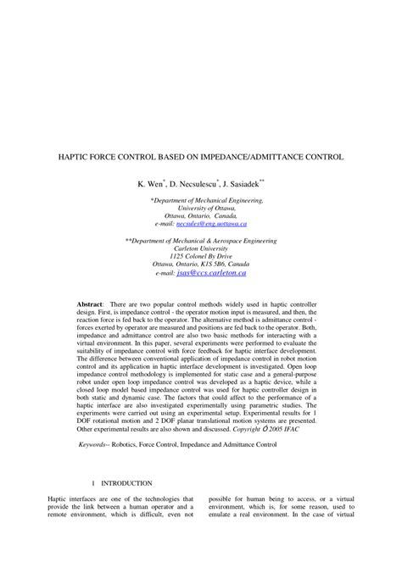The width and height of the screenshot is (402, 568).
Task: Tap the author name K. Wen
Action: pos(150,182)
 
